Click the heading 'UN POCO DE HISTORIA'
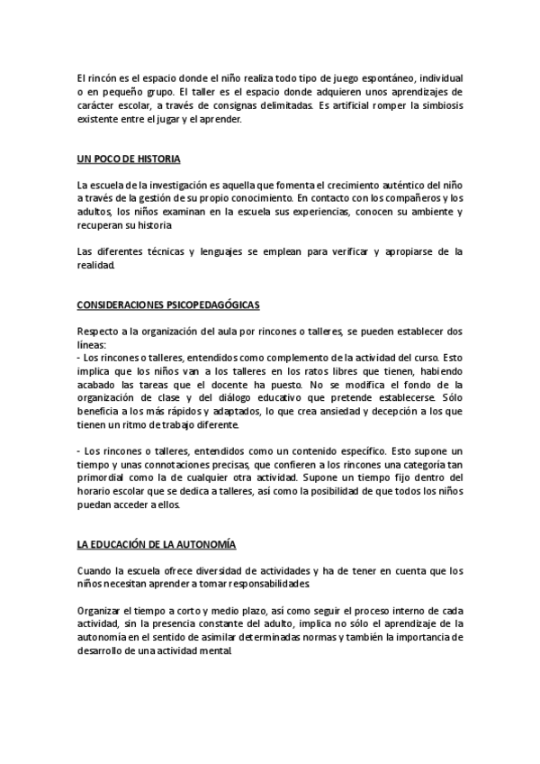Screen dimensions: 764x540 point(130,159)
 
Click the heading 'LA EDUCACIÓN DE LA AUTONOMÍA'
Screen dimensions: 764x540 point(157,544)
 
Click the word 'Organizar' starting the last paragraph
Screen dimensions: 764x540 point(103,609)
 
